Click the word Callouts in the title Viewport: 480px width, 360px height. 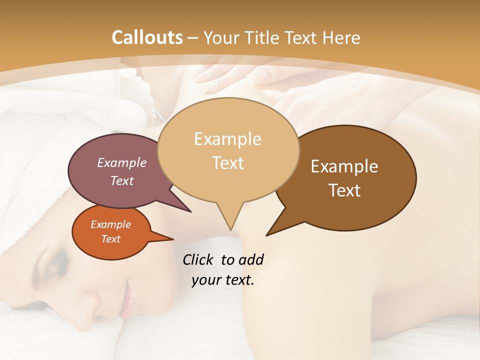[147, 37]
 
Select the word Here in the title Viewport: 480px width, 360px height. [341, 37]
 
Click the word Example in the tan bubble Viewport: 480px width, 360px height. [227, 139]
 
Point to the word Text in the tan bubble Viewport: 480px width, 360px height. [228, 163]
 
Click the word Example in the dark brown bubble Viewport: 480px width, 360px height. [344, 166]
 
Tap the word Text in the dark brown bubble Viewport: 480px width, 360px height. [344, 190]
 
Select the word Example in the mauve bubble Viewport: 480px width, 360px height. [122, 162]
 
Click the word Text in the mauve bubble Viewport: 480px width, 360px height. [122, 180]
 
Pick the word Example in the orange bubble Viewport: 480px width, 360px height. [110, 224]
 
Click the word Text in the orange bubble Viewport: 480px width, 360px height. [110, 239]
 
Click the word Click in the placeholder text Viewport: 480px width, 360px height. [199, 259]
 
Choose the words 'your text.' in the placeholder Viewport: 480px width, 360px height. [223, 280]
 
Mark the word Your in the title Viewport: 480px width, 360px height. [222, 37]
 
